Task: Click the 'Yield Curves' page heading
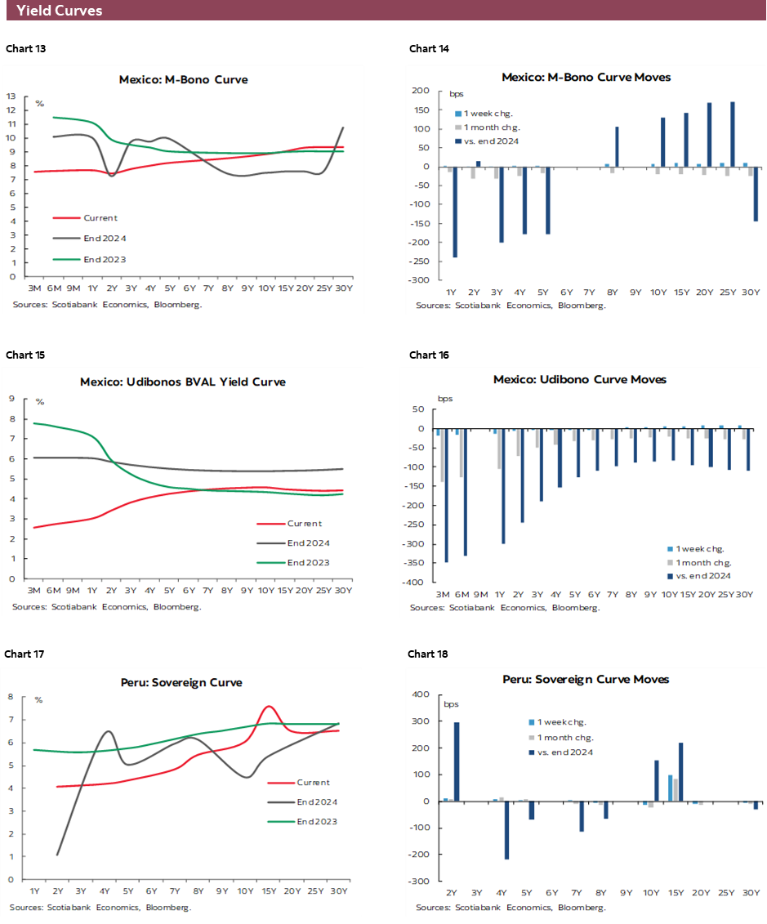point(59,11)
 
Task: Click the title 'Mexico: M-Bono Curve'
point(183,80)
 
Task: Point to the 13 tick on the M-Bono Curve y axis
point(11,96)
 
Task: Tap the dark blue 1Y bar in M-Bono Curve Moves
point(455,212)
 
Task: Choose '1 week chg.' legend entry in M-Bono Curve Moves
point(488,114)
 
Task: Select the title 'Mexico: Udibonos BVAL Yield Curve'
point(183,382)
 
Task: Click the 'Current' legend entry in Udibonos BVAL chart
point(304,524)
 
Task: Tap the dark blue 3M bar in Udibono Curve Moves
point(446,495)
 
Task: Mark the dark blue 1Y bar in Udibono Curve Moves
point(503,486)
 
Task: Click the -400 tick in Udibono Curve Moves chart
point(421,583)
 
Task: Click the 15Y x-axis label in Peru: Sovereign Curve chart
point(269,891)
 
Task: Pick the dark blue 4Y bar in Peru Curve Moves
point(506,830)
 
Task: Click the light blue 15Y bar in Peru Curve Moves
point(671,788)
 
